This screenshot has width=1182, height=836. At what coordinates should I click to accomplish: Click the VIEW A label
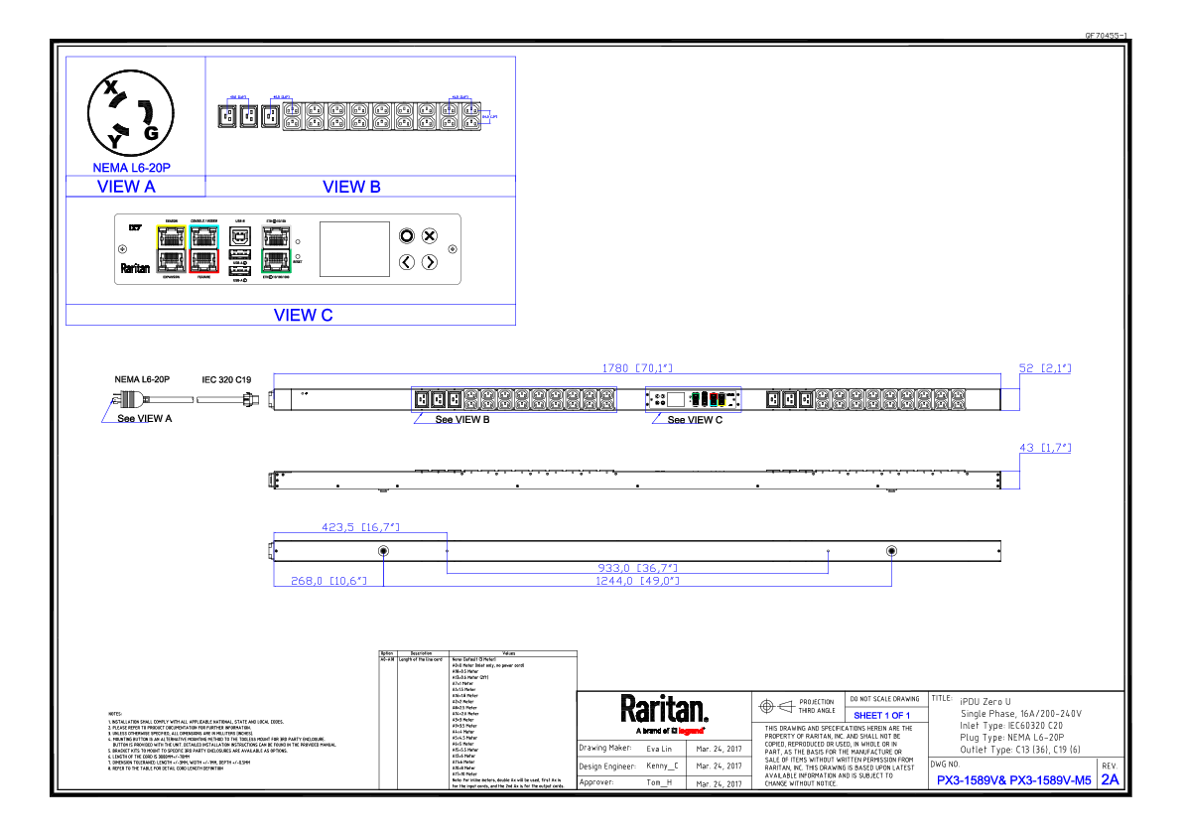tap(126, 187)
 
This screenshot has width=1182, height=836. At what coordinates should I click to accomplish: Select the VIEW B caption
tap(351, 187)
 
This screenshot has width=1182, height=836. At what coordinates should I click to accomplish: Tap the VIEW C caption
tap(303, 316)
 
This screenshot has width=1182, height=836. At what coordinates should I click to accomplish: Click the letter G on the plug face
tap(152, 133)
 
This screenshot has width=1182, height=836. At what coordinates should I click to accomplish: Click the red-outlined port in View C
tap(203, 261)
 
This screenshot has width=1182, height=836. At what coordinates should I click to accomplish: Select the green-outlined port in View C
tap(275, 261)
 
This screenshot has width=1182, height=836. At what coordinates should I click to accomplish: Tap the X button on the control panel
tap(429, 235)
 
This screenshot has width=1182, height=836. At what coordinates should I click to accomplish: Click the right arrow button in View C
tap(429, 262)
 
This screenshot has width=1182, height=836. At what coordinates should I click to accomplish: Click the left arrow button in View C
tap(406, 262)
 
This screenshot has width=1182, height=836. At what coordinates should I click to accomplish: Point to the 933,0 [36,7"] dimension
tap(638, 568)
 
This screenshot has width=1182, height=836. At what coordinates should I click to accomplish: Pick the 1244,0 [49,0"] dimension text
tap(636, 581)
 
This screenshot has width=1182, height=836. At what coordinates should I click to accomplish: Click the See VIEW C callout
tap(695, 420)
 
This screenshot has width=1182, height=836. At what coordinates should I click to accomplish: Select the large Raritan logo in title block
tap(664, 709)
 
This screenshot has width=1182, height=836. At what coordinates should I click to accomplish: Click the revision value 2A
tap(1110, 780)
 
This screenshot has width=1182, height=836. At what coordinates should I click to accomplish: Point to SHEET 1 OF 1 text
tap(881, 716)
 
